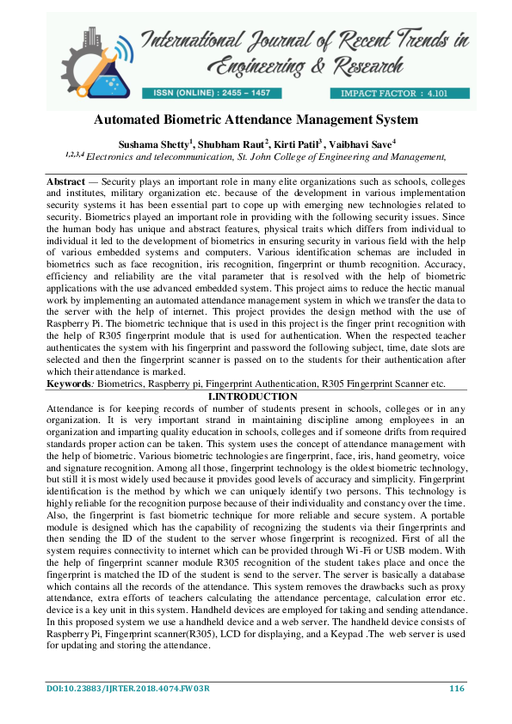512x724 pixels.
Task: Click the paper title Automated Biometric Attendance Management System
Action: (x=256, y=120)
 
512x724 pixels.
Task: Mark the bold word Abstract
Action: (x=65, y=183)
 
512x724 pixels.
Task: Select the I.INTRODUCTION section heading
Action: (x=256, y=396)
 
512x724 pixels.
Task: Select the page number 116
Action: (x=456, y=688)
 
